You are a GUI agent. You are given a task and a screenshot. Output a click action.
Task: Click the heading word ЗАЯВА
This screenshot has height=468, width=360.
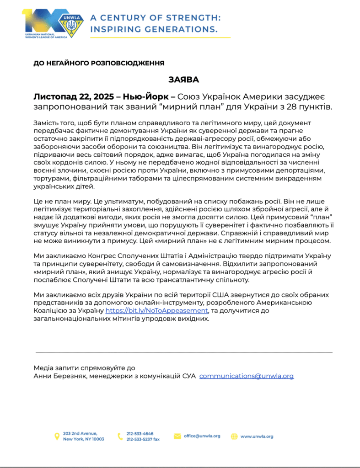pos(183,80)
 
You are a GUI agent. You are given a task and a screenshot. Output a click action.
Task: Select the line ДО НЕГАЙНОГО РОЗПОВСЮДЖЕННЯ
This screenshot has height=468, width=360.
pos(99,63)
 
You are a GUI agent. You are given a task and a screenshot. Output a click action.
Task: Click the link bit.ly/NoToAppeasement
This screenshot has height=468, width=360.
pos(157,311)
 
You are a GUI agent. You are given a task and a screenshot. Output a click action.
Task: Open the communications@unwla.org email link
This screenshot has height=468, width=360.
pos(247,376)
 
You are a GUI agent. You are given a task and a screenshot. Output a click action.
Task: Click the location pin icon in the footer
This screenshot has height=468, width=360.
pos(57,436)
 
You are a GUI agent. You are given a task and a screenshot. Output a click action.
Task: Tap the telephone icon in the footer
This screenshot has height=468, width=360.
pos(120,436)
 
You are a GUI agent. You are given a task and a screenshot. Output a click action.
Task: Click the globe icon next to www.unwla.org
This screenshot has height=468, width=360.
pos(234,436)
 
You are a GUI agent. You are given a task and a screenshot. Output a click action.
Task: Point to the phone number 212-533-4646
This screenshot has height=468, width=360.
pos(140,433)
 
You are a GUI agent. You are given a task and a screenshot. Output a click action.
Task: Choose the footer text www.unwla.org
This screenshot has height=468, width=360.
pos(257,436)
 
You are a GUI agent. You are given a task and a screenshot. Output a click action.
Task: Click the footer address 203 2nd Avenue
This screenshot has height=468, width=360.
pos(80,433)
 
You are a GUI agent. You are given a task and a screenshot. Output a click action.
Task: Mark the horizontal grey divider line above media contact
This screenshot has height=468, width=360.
pos(183,352)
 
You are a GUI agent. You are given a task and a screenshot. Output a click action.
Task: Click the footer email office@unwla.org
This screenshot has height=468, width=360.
pos(202,436)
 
